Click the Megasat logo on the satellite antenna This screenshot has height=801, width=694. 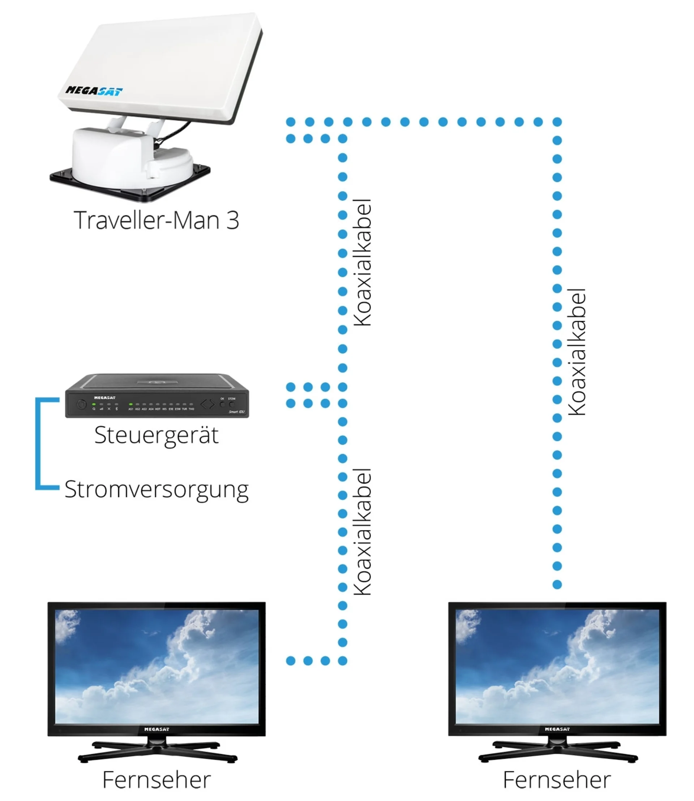pos(94,91)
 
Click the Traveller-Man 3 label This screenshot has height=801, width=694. pos(156,220)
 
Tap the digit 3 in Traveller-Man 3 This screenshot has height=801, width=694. pos(232,220)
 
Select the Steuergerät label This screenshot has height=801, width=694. pos(157,435)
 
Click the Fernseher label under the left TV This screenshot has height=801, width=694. pos(157,780)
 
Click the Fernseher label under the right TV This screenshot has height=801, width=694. pos(557,780)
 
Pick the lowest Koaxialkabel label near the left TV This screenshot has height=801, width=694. pos(363,532)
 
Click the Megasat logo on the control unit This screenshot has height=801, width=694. pos(104,397)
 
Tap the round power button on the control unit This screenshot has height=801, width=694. pos(81,405)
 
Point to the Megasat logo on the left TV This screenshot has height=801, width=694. pos(157,729)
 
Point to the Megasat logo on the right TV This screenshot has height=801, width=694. pos(557,729)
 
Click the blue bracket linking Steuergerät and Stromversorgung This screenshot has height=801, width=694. pos(38,444)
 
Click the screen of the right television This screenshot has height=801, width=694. pos(557,666)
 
